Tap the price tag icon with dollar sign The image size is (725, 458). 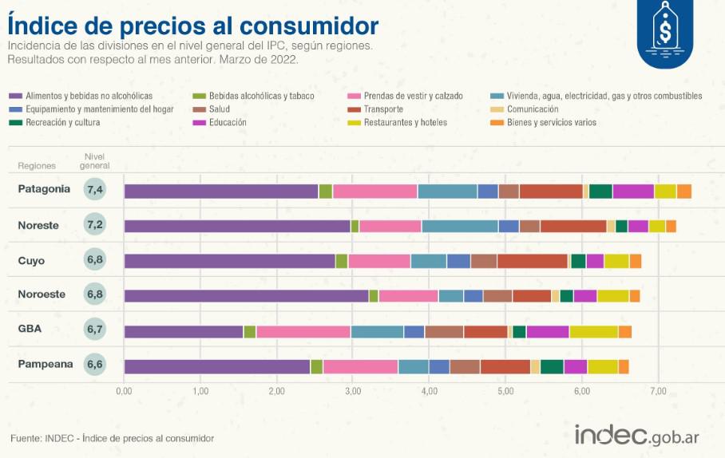tap(665, 33)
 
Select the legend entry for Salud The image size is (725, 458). tap(220, 109)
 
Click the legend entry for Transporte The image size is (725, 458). tap(383, 109)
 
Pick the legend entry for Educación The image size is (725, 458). tap(227, 123)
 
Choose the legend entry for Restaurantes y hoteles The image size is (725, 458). tap(405, 123)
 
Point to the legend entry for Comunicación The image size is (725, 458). tap(532, 109)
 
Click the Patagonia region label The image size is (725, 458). tap(44, 189)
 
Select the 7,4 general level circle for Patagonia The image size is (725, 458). tap(96, 190)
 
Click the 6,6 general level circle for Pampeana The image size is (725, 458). tap(96, 365)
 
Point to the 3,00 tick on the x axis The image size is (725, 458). tap(352, 391)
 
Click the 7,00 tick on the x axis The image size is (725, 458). tap(658, 391)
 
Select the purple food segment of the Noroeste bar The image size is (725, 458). tap(246, 296)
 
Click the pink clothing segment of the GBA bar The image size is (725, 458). tap(303, 332)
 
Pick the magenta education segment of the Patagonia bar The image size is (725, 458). tap(632, 191)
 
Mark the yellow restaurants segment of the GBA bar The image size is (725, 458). tap(593, 332)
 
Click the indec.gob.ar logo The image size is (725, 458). tap(636, 436)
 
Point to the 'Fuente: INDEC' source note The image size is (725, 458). tap(112, 438)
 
